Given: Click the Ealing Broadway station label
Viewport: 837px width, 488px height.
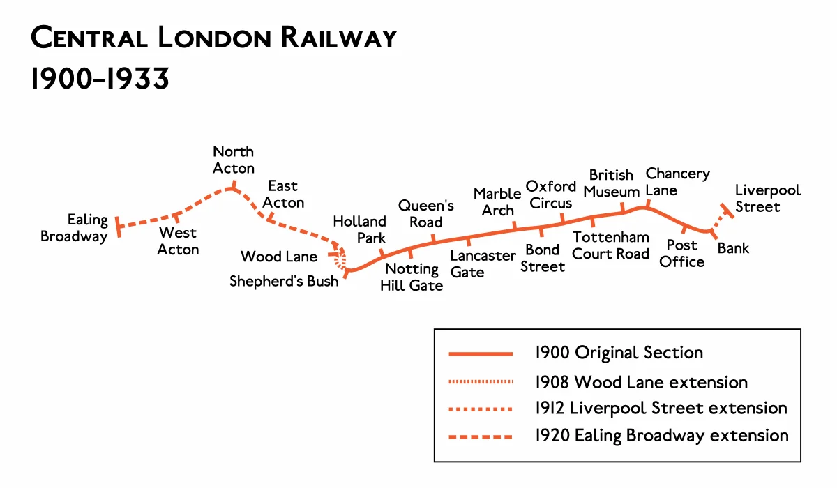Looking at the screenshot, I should click(x=74, y=228).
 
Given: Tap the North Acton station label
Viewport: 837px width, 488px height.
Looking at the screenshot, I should click(x=234, y=160).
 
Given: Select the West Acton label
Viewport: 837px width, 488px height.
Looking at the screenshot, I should click(x=178, y=241).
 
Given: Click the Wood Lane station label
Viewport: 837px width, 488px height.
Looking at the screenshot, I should click(x=279, y=257).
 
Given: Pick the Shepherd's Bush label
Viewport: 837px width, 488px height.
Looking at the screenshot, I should click(x=284, y=281).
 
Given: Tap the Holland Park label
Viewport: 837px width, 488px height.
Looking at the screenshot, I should click(x=359, y=229).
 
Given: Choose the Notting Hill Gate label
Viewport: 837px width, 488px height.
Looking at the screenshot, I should click(x=412, y=277).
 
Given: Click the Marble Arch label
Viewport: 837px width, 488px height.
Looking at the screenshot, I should click(x=497, y=201).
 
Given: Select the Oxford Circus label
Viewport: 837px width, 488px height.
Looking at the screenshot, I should click(x=550, y=195).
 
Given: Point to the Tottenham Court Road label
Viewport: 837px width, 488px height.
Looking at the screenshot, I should click(x=610, y=245).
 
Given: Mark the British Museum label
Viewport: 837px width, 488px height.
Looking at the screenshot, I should click(x=612, y=183).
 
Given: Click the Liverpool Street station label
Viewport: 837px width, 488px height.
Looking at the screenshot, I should click(x=767, y=198).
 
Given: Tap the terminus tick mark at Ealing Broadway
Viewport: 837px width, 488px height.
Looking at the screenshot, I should click(x=119, y=226).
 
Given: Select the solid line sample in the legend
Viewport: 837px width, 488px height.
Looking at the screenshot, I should click(x=480, y=353).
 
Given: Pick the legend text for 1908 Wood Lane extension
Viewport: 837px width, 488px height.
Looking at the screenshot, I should click(x=641, y=383).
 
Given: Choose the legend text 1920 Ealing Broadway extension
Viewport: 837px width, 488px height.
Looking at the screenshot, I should click(x=661, y=436).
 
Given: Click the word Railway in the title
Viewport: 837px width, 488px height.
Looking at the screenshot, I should click(x=339, y=38).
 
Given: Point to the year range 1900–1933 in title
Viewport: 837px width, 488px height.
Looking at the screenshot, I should click(x=100, y=79).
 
